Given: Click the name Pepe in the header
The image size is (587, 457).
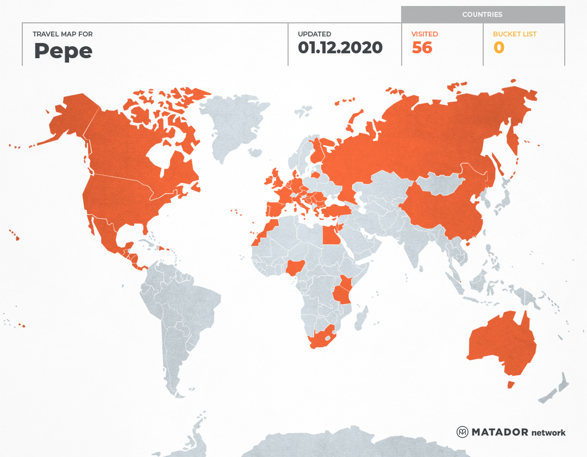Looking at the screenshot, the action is pos(63,51).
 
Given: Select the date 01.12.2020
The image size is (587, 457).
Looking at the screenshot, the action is pos(340,48).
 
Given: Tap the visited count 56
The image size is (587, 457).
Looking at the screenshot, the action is pos(422,48).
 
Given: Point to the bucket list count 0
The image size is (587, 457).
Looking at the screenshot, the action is pos(498,48).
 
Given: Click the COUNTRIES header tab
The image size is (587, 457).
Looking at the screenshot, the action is pos(482,15).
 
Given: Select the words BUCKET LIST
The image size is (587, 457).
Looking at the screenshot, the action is pos(514,34).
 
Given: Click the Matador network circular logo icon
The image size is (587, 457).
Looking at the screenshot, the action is pos(462,432).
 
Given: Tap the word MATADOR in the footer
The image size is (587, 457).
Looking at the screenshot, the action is pos(499,432).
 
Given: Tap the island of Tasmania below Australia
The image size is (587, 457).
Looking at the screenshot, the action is pos(510,385).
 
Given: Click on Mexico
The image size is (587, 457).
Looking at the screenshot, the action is pos(108,236).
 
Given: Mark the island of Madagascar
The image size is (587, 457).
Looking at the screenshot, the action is pos(360,318).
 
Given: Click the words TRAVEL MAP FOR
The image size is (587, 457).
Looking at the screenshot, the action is pos(63,34).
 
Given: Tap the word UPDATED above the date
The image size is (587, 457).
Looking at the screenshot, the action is pos(314,34).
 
